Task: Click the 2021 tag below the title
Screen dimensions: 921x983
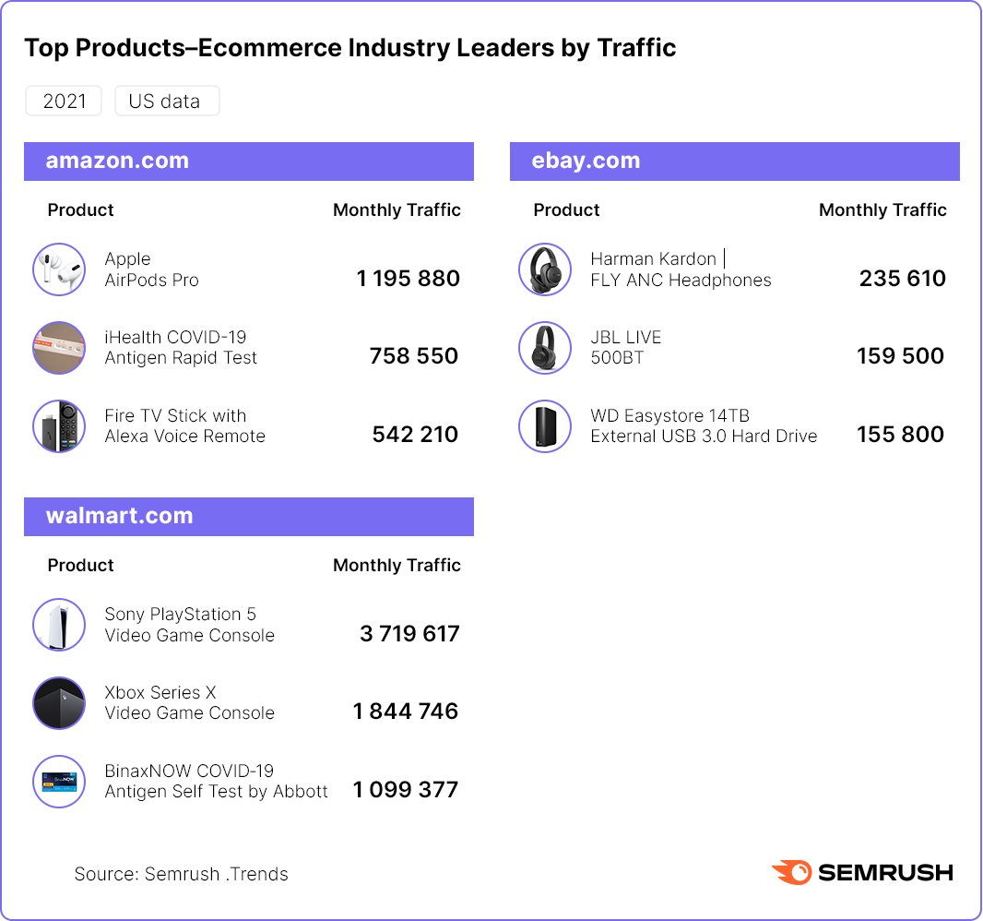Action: click(65, 102)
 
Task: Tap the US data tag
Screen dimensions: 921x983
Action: click(166, 102)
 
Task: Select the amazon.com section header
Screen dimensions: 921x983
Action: click(248, 161)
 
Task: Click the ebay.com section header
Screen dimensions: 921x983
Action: click(734, 161)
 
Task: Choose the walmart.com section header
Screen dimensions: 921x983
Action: click(248, 516)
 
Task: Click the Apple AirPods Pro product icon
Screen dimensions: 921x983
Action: click(59, 269)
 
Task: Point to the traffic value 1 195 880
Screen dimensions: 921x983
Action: click(408, 279)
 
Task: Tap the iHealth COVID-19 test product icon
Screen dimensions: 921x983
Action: click(59, 348)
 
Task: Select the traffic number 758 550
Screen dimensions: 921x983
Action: click(414, 356)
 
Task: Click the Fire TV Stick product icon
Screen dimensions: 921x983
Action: click(59, 426)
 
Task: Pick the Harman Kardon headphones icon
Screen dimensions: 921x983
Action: click(545, 269)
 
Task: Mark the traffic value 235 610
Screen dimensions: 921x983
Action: click(902, 279)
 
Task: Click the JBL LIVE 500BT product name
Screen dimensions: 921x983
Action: click(626, 347)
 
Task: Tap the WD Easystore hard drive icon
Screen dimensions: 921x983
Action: click(545, 426)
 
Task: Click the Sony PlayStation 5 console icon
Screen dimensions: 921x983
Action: click(59, 625)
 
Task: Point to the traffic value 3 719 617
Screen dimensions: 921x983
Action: click(409, 634)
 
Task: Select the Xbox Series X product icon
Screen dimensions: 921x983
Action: click(59, 703)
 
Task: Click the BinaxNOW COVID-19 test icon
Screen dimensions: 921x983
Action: click(59, 782)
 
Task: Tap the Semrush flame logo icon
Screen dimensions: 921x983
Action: click(791, 872)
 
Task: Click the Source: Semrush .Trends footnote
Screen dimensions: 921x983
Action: click(182, 874)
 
